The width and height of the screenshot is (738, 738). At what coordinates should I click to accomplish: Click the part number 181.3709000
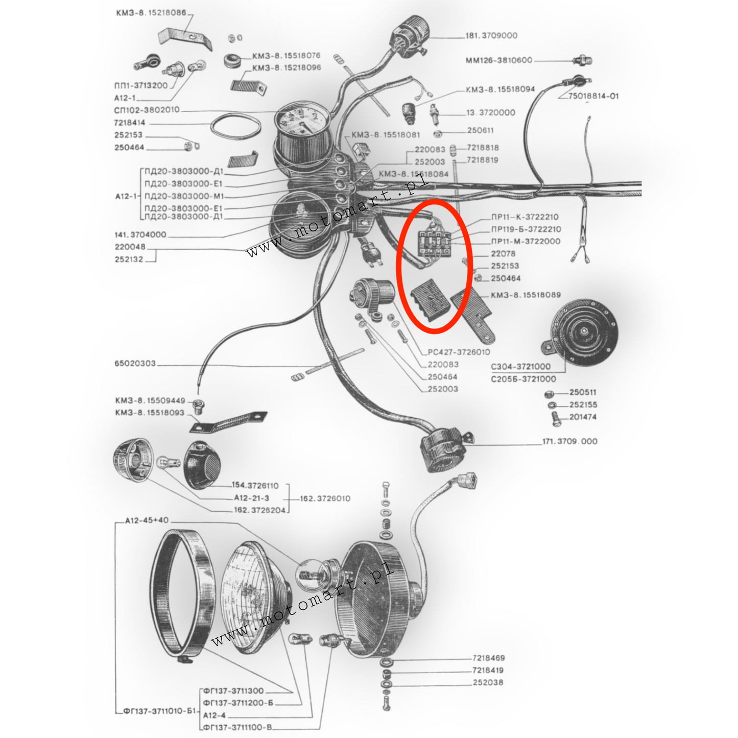[x=491, y=36]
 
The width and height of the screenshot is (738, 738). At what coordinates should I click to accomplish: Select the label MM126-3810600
[x=498, y=60]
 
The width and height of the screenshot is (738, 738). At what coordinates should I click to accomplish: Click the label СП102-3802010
[x=147, y=110]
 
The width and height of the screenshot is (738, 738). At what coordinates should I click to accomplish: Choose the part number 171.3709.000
[x=569, y=441]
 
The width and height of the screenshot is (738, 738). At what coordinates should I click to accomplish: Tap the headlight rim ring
[x=183, y=595]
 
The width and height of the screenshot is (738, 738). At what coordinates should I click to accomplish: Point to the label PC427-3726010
[x=459, y=352]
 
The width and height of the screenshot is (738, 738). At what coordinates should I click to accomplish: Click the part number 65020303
[x=135, y=364]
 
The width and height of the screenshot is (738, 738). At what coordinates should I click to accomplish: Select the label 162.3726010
[x=325, y=498]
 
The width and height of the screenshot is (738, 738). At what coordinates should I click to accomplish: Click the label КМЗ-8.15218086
[x=151, y=13]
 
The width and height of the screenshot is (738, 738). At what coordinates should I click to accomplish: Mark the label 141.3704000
[x=140, y=235]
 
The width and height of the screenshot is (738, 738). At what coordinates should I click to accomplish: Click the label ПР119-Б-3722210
[x=526, y=229]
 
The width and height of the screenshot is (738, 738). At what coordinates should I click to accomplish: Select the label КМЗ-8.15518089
[x=526, y=295]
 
